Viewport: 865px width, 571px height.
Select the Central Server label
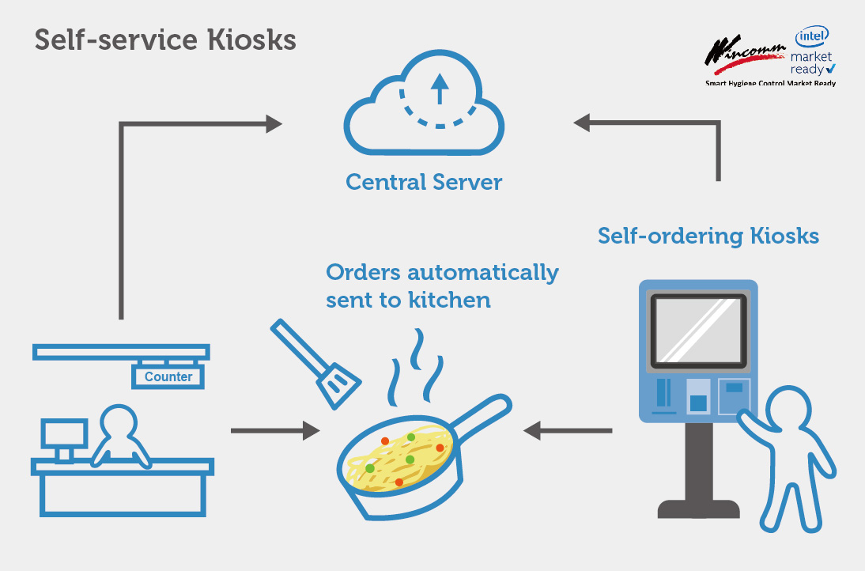[x=424, y=183]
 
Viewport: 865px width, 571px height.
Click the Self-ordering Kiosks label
[x=708, y=236]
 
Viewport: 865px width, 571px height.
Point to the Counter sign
[x=168, y=377]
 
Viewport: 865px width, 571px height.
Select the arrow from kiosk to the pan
[x=568, y=431]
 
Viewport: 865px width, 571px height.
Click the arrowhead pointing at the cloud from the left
[x=274, y=123]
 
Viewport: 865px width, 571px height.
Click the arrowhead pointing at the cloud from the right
[x=583, y=123]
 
